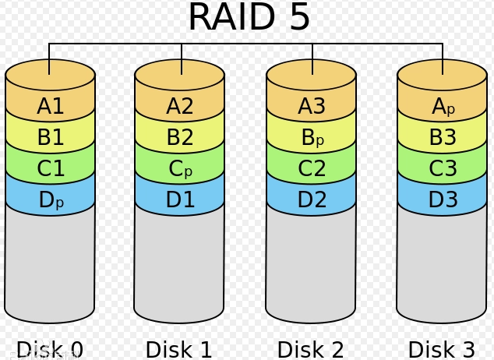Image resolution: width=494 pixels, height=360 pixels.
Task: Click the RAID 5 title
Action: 249,17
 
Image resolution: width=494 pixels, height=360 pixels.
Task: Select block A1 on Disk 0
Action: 51,106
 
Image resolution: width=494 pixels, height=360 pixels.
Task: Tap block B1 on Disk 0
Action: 51,137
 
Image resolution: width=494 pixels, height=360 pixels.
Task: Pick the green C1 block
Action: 51,168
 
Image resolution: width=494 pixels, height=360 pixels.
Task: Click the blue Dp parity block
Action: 51,199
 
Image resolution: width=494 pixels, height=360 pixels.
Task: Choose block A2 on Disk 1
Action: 180,106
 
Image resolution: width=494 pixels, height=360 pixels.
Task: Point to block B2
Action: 180,137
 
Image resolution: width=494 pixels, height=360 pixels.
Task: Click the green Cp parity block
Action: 180,168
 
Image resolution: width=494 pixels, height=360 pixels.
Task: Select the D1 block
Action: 180,199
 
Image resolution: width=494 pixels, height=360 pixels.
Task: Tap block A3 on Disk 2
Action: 312,106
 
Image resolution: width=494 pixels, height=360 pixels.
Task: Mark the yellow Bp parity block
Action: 312,137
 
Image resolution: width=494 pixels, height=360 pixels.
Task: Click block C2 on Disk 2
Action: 312,168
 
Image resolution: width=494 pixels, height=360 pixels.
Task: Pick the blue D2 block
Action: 312,199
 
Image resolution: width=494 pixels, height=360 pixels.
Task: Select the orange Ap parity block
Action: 443,106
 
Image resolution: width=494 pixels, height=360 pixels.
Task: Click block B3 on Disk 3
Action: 443,137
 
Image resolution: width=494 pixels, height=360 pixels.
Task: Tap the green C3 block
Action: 443,168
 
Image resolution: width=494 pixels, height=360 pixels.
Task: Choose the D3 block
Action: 443,199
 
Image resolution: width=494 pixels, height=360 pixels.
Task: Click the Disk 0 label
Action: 49,349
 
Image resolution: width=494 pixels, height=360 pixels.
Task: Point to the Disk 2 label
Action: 310,349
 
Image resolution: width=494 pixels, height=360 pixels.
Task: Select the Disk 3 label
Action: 441,349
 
